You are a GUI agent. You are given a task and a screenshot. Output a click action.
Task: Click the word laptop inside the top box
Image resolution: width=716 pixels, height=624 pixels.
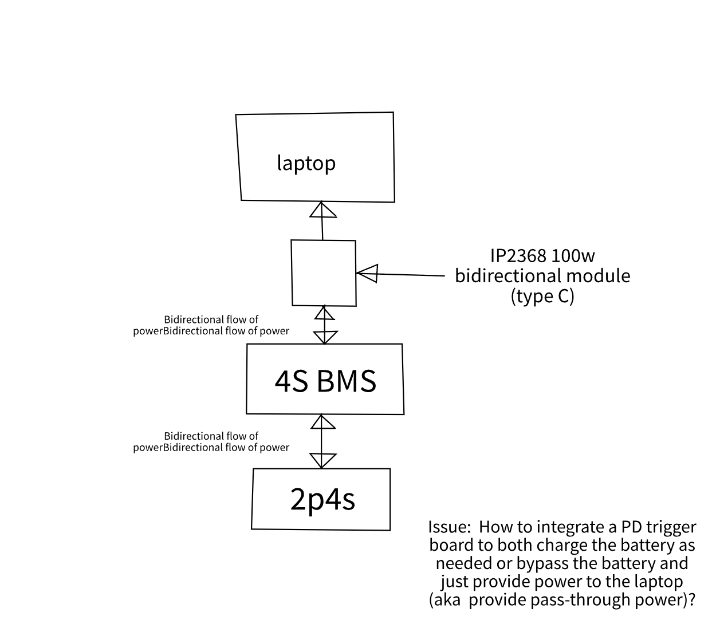point(306,163)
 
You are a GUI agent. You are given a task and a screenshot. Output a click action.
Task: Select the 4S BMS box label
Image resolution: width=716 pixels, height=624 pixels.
point(325,381)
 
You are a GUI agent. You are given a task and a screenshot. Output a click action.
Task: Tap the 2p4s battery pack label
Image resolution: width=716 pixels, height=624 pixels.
point(322,499)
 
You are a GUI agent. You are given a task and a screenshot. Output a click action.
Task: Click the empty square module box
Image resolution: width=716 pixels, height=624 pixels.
point(323,273)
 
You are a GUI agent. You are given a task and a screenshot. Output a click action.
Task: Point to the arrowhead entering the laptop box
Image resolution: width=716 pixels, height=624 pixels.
point(322,210)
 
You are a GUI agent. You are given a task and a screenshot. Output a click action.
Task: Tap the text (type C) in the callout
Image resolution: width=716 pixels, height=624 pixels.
point(542,296)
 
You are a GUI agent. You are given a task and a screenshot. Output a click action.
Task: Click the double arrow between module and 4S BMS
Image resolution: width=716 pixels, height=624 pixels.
point(325,325)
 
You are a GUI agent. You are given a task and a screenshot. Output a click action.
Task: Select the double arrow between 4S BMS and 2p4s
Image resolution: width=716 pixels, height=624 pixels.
point(322,441)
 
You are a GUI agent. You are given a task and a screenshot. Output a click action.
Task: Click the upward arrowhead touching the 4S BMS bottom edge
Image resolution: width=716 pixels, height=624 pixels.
point(322,422)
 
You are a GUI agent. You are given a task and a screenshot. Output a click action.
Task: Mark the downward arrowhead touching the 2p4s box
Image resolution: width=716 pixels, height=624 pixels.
point(322,460)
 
